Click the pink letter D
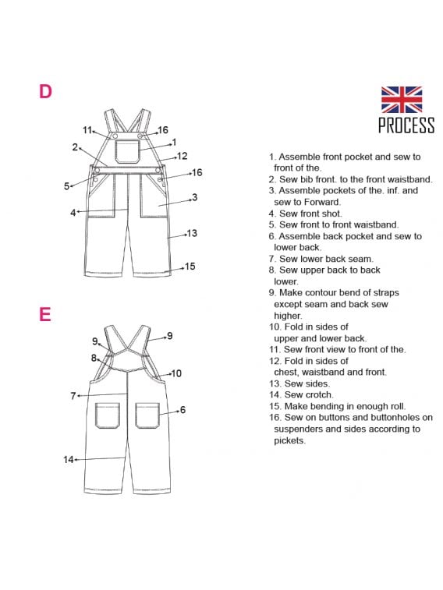point(45,91)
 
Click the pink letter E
point(44,314)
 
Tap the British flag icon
point(402,100)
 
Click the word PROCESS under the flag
point(406,125)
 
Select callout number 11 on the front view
point(87,130)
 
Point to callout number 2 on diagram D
point(75,147)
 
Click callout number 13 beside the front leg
point(192,233)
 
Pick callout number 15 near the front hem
point(190,267)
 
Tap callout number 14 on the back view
point(68,459)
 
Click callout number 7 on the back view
point(73,396)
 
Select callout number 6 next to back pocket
point(183,410)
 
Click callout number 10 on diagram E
point(176,373)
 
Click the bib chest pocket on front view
point(127,152)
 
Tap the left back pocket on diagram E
point(108,415)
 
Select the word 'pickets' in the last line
point(289,440)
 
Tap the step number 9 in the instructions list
point(272,293)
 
